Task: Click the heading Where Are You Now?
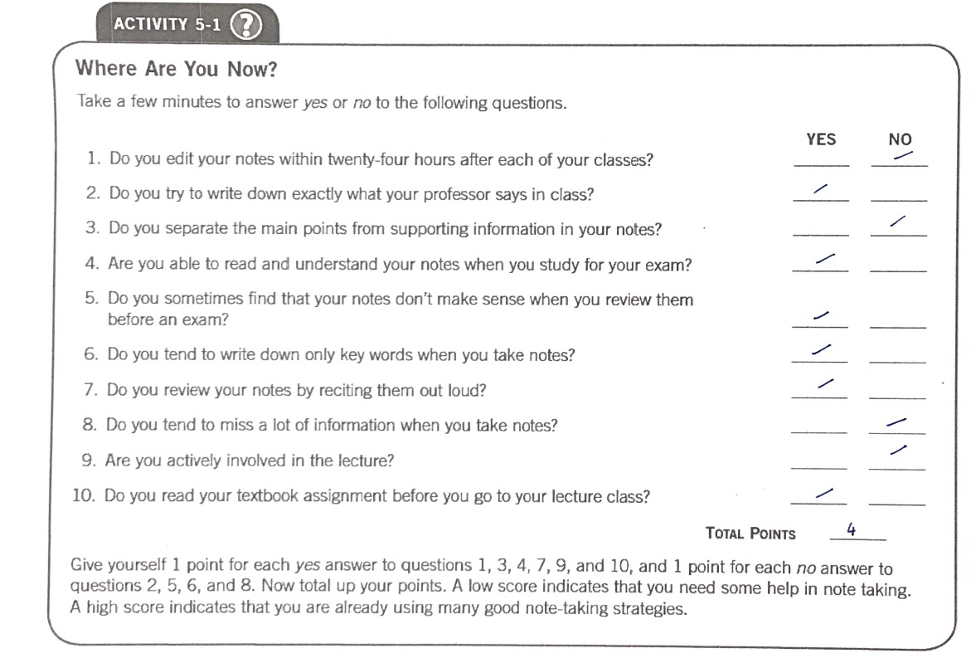click(176, 69)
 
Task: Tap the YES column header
click(820, 139)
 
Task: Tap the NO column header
click(900, 140)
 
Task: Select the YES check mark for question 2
click(820, 190)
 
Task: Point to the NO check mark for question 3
click(896, 222)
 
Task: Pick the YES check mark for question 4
click(823, 260)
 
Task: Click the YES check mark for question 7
click(824, 383)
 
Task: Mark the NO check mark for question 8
click(896, 423)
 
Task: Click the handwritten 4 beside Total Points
click(851, 529)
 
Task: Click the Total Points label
click(750, 534)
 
